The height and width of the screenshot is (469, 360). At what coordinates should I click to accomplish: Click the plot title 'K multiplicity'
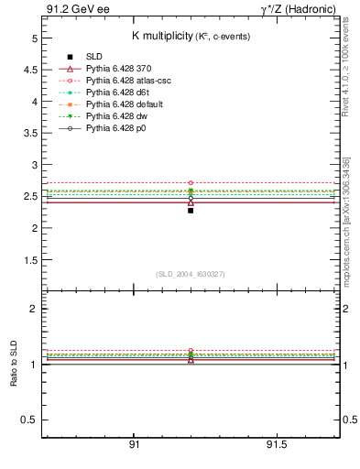tap(158, 35)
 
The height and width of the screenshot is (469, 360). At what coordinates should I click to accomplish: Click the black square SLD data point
tap(191, 210)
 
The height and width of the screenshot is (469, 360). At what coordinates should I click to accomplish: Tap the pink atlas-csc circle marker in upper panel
tap(191, 183)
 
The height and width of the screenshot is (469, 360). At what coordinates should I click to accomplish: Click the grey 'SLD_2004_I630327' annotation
tap(190, 274)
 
